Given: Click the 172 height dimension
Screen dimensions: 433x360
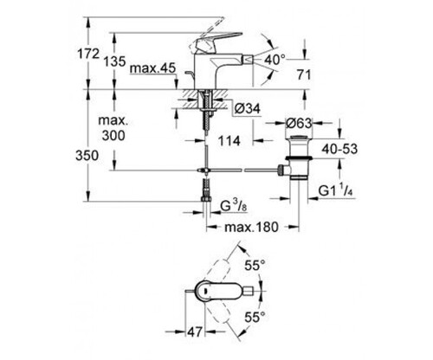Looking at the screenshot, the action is pos(88,54).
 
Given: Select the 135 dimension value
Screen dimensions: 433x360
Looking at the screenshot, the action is pos(114,61).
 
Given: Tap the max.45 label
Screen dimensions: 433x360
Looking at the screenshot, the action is pos(152,68).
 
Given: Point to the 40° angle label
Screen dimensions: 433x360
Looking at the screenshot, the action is pos(275,60).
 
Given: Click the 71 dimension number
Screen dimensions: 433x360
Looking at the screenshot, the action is pos(304,75).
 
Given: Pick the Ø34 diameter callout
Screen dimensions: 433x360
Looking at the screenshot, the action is pos(247,109).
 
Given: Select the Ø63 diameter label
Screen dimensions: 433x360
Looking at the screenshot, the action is pos(299,124).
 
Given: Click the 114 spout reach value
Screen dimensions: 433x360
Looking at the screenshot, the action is pos(229,141).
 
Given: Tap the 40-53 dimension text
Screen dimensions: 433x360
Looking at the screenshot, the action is pos(339,149).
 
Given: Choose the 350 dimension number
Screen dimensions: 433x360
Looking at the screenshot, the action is pos(87,156).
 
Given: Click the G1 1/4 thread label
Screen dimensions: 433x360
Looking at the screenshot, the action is pos(336,190).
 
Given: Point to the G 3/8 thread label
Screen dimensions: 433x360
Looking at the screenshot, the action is pos(234,206).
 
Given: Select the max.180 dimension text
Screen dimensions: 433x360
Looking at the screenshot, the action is pos(251,227).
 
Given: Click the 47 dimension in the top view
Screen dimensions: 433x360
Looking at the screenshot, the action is pos(195,332).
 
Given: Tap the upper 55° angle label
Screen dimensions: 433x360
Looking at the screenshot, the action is pos(255,266).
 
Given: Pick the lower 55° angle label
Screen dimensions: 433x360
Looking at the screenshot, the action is pos(255,318).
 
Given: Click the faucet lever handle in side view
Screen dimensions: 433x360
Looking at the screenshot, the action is pos(218,40).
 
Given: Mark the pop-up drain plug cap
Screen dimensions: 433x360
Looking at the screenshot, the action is pos(300,138).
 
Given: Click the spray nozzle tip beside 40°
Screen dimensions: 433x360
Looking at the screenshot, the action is pos(249,60).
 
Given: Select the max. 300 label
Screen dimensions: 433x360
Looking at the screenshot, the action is pos(113,128).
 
